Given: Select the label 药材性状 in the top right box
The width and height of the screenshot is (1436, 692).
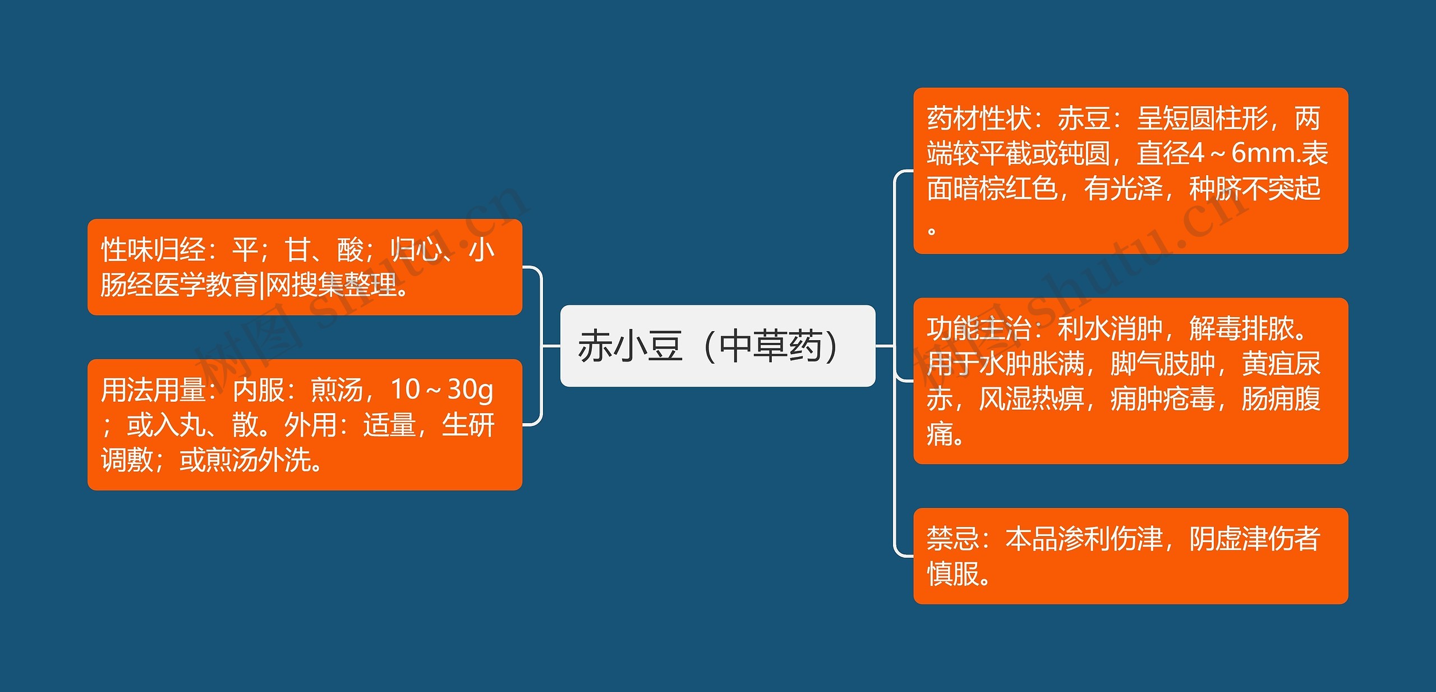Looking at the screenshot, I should coord(979,118).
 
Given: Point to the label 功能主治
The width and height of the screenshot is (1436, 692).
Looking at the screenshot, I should coord(979,329).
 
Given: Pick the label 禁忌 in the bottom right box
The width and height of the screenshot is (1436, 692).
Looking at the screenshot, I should coord(952,539).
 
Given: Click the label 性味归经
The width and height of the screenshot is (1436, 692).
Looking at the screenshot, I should coord(153,250).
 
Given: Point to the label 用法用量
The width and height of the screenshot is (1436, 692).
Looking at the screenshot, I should coord(153,389).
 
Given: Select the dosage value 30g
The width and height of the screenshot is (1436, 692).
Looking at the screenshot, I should coord(470,389).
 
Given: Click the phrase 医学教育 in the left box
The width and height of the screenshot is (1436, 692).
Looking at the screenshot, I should coord(206,285).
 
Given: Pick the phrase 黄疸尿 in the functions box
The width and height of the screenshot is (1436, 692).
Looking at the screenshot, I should coord(1281,364).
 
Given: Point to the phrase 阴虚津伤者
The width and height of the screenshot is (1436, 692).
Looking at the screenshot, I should coord(1254,539).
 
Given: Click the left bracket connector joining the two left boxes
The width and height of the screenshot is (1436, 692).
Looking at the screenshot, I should coord(541,346).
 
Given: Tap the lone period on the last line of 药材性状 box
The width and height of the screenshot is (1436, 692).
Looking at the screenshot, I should coord(932,231).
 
